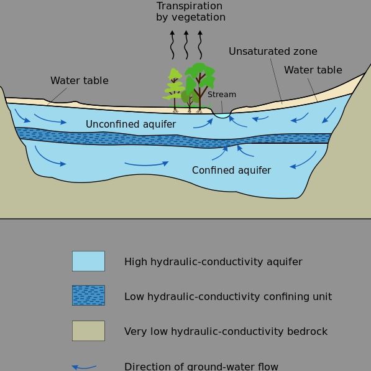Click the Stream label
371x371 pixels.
[x=222, y=95]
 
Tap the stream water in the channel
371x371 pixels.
[x=222, y=115]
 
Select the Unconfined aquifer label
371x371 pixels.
[x=131, y=124]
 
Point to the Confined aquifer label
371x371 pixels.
[x=231, y=170]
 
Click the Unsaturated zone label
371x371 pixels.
[x=273, y=52]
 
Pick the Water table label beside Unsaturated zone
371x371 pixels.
[x=313, y=70]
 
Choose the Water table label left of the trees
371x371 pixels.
[x=80, y=80]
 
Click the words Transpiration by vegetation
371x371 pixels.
[x=190, y=12]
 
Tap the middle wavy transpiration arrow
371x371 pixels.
[x=186, y=45]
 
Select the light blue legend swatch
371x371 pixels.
[x=88, y=261]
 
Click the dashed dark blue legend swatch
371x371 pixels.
[x=88, y=296]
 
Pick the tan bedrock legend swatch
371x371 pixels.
[x=88, y=331]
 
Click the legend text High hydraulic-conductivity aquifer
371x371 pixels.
[x=213, y=261]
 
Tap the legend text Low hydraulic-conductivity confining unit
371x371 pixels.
[x=228, y=296]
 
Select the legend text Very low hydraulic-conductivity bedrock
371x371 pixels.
[x=226, y=331]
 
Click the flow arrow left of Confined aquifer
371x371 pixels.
[x=147, y=164]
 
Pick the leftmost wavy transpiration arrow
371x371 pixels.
[x=172, y=45]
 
